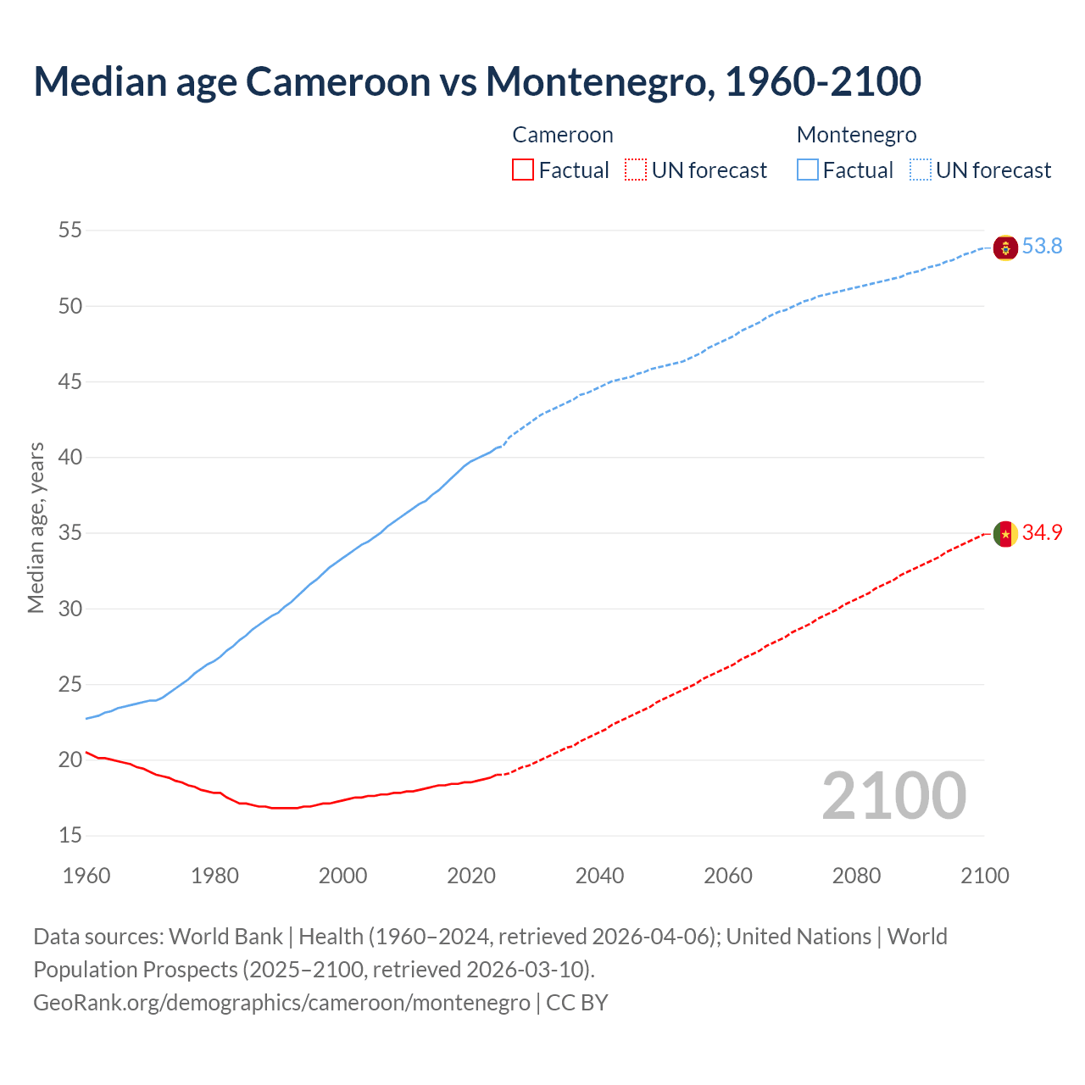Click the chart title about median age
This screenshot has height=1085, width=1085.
(477, 81)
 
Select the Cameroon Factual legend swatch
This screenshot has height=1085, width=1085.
(523, 170)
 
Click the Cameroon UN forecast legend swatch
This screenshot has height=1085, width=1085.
(636, 170)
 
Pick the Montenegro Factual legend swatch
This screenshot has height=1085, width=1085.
(808, 170)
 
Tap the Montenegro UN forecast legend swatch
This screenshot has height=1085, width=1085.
(921, 170)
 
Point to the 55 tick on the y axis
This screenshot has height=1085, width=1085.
(70, 231)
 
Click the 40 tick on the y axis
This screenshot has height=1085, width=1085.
(70, 458)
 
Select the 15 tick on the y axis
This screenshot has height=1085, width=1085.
(70, 836)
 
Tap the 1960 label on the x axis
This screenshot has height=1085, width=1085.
(86, 876)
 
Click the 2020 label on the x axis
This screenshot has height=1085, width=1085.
(471, 876)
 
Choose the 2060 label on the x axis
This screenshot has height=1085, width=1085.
(728, 876)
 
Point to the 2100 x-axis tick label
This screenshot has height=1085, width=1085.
(985, 876)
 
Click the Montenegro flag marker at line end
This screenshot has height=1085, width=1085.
(1005, 248)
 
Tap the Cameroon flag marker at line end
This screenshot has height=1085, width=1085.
(1005, 534)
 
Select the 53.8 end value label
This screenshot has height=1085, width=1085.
(1042, 247)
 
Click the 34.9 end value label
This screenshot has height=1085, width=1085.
(1042, 533)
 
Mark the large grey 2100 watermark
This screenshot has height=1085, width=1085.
(893, 796)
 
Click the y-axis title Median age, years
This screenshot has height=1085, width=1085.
(36, 527)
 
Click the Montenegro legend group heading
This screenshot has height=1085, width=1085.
(856, 135)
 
